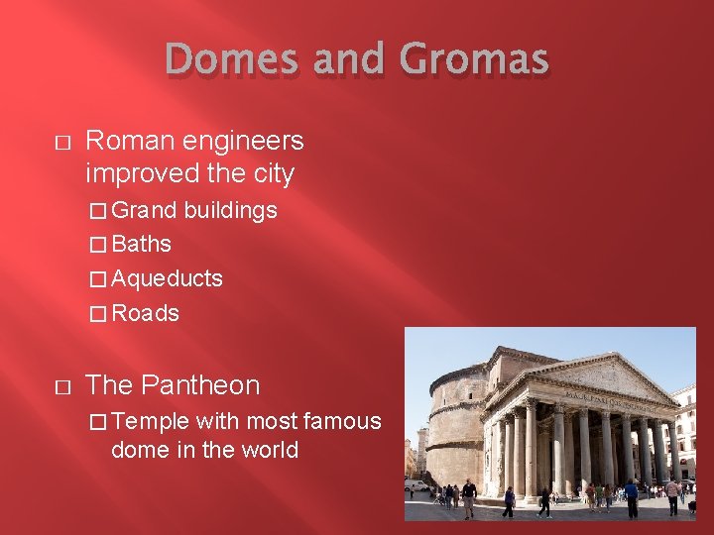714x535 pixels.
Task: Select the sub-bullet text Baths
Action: click(x=142, y=244)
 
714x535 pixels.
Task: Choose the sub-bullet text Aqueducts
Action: click(x=167, y=278)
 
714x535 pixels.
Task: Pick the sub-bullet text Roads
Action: click(x=146, y=313)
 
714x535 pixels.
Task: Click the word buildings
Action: click(x=231, y=210)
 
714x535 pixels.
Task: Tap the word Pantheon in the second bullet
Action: click(x=200, y=385)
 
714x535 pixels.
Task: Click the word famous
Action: click(x=341, y=421)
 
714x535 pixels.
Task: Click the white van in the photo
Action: click(x=416, y=483)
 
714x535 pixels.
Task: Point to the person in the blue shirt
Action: click(x=631, y=495)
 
